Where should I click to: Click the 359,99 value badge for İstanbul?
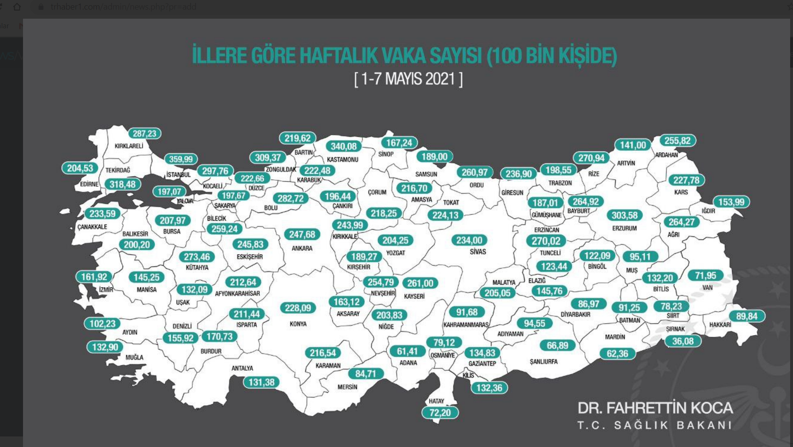181,159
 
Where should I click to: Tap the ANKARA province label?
302,248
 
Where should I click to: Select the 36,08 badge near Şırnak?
683,341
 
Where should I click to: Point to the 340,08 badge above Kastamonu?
344,147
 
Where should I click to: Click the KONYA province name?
298,324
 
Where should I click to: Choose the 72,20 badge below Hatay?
440,412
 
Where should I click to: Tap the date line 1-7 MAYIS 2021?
408,79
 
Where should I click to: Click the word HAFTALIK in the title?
338,56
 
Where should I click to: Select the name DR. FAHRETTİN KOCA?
655,408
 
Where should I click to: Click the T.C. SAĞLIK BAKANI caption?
655,425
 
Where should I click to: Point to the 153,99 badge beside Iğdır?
731,202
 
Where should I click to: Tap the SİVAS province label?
478,252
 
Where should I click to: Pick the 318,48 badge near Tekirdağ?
122,185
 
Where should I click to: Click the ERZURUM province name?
624,228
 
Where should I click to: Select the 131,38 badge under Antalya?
261,382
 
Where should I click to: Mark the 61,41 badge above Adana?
407,352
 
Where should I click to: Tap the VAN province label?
707,288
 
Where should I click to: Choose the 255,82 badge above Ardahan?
677,141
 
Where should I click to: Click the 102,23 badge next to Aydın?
102,324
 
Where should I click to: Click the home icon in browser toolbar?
17,7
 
